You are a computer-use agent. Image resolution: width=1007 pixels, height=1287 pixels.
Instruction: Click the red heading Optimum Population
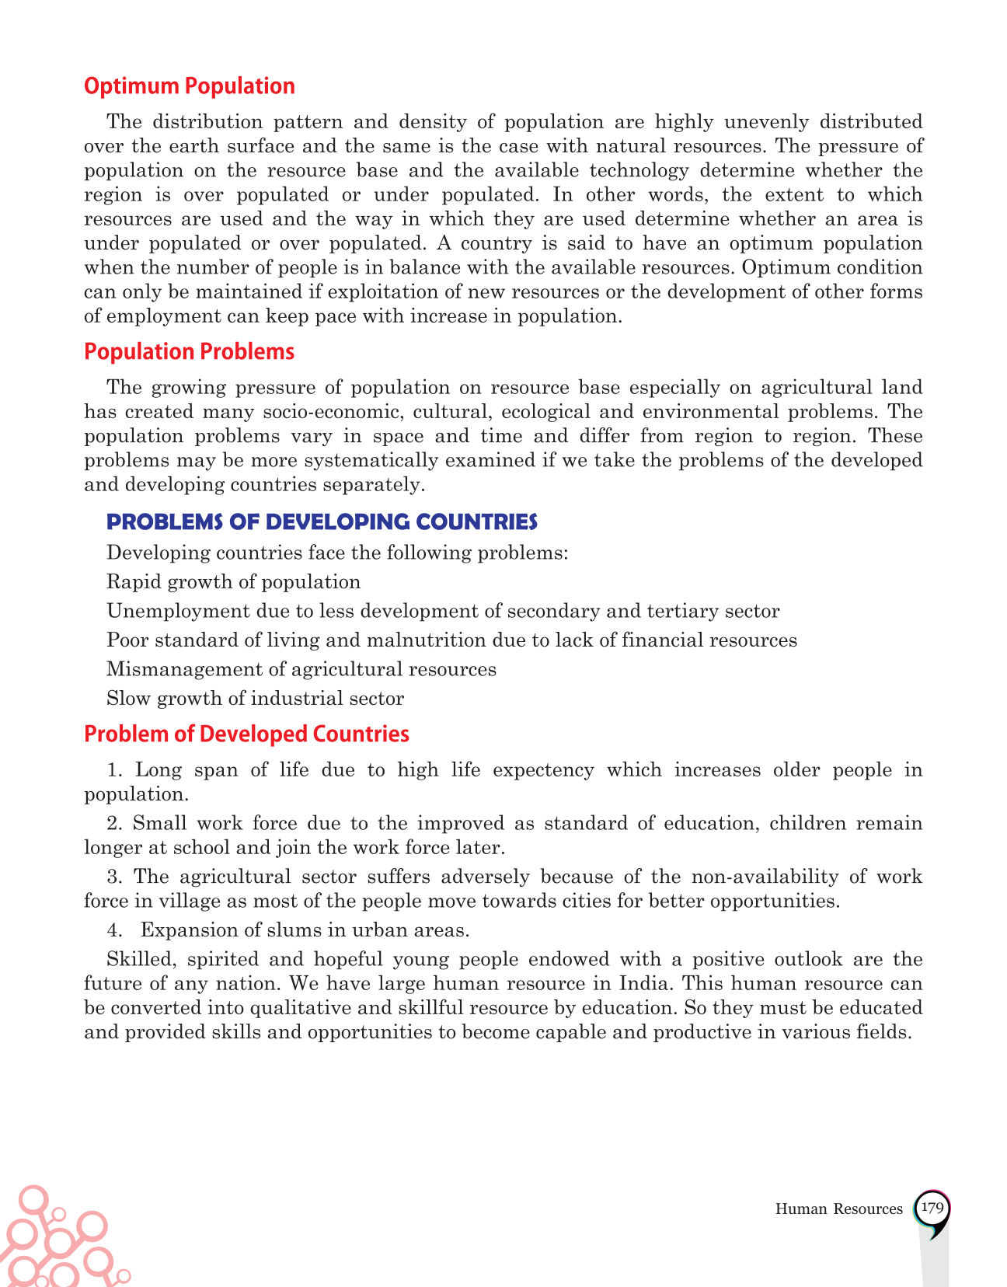click(x=189, y=86)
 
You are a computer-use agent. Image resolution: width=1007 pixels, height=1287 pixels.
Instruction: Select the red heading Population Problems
click(x=189, y=352)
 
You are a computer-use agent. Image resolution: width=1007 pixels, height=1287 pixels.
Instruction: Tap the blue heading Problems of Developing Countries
click(x=322, y=521)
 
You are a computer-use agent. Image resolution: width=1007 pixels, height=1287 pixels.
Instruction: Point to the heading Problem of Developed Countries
click(x=246, y=734)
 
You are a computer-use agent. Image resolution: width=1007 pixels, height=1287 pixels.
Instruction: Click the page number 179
click(x=931, y=1208)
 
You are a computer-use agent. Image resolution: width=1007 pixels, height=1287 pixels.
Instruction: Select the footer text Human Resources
click(x=839, y=1209)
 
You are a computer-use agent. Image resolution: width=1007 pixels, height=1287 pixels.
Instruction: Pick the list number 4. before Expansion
click(x=114, y=930)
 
